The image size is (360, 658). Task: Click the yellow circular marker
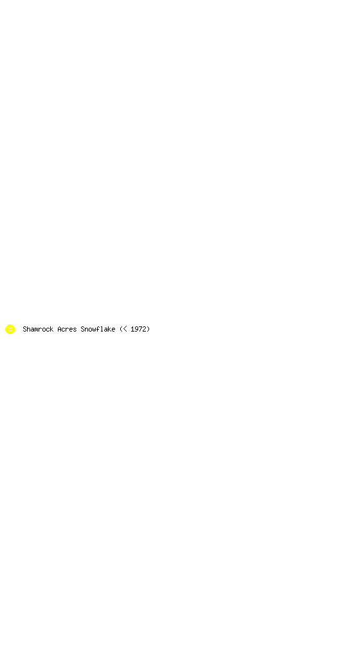[10, 330]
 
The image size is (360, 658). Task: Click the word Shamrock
[38, 330]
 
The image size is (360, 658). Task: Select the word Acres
[67, 330]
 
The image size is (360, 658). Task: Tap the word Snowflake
[98, 330]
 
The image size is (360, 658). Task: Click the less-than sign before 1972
[125, 330]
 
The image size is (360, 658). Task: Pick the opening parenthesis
[121, 330]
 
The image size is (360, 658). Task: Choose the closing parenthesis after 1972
[148, 330]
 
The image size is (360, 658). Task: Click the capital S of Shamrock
[24, 330]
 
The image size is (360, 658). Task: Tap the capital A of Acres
[59, 330]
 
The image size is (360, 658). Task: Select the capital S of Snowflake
[82, 330]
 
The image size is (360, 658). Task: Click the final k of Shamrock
[51, 330]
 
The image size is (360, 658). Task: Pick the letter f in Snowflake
[98, 330]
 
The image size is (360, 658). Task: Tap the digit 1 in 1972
[132, 330]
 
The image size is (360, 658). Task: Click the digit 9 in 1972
[136, 330]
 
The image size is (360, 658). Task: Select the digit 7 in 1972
[140, 330]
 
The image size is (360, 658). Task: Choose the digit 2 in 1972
[145, 330]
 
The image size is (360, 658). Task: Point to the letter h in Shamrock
[28, 330]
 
